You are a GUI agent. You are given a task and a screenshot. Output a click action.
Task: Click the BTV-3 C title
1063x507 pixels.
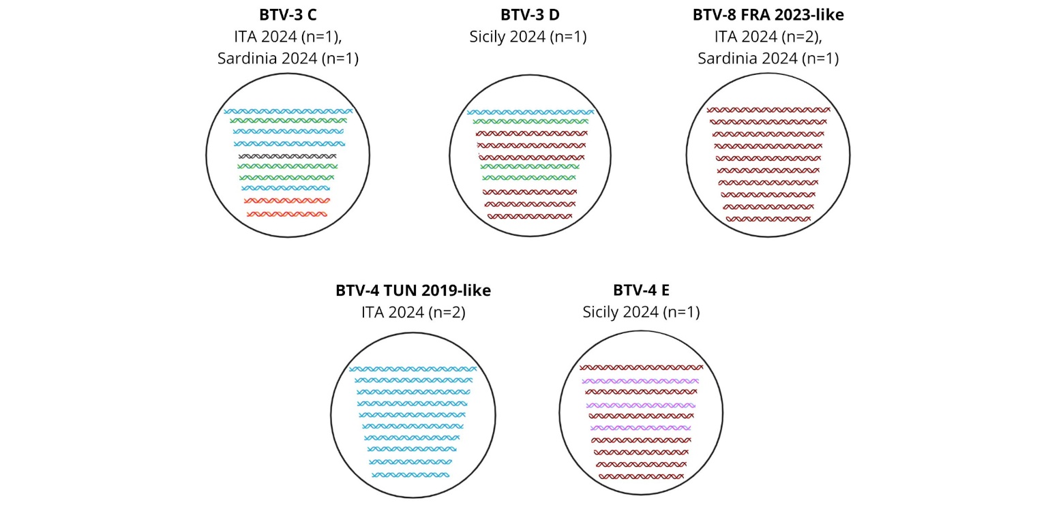[288, 15]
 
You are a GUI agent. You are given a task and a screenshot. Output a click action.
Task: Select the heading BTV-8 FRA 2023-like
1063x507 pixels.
[768, 15]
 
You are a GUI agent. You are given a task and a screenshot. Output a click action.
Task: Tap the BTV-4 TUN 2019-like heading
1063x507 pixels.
[413, 290]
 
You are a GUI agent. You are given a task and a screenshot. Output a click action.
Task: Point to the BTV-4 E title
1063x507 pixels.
[641, 290]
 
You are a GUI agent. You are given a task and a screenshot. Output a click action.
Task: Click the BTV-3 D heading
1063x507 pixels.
[530, 15]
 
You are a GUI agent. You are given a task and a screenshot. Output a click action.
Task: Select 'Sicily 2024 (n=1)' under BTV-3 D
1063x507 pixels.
[528, 37]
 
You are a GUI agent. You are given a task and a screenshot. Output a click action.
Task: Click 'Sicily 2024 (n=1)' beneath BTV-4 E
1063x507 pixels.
[641, 311]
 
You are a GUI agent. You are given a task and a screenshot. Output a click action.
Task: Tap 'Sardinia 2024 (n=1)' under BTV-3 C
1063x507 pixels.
[288, 59]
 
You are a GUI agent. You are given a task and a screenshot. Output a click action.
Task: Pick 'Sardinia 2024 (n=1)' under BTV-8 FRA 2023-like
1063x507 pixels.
[768, 59]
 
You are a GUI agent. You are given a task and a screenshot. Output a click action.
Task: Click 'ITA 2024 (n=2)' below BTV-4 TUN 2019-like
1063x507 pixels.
[413, 312]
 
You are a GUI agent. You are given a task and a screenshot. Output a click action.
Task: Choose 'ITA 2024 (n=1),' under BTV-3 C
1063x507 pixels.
[288, 37]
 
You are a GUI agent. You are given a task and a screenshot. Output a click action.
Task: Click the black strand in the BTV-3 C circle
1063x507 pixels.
[288, 156]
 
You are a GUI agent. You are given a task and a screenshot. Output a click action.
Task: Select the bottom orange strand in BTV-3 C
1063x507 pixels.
[287, 215]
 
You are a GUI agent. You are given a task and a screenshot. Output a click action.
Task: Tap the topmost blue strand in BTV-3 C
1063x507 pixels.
[288, 112]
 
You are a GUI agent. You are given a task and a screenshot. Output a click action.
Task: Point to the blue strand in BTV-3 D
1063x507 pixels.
[530, 112]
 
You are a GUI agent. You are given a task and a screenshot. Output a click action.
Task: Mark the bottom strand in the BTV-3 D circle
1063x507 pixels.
[530, 216]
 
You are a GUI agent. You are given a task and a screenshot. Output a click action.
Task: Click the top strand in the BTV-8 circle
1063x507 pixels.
[768, 110]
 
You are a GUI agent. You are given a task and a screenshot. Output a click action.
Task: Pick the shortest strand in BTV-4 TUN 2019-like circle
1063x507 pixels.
[410, 475]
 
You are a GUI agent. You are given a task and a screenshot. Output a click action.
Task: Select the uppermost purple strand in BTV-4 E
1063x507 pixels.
[641, 381]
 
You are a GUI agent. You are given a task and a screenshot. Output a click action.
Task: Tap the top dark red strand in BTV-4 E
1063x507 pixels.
[641, 367]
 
